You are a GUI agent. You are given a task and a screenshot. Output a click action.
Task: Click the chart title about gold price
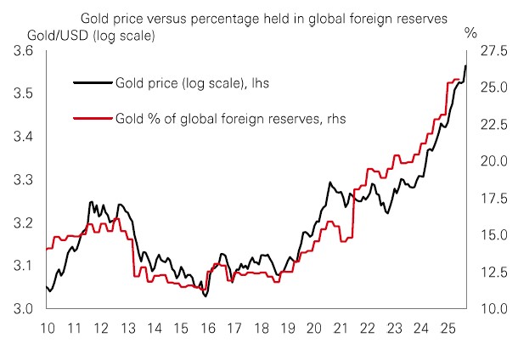pos(263,16)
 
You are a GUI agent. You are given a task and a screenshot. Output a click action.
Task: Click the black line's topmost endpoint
pos(465,65)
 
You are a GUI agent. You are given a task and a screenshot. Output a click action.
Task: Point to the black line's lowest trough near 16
pos(206,295)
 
